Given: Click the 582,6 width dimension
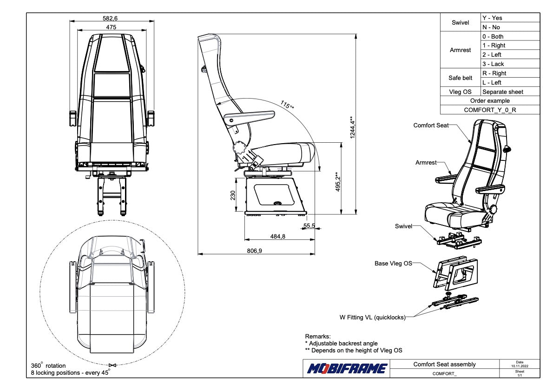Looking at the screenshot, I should [x=110, y=18].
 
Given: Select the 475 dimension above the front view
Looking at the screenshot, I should [x=111, y=27].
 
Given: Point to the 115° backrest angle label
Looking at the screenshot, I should [x=287, y=105].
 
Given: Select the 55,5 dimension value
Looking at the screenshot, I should [x=309, y=226].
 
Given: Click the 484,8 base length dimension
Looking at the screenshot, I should [x=277, y=237].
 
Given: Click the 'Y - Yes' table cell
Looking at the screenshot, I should [x=492, y=18].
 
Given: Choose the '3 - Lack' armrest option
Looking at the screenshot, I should [x=493, y=64].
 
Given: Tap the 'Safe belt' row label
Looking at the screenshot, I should [x=460, y=78].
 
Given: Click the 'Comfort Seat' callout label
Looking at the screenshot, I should [x=431, y=125].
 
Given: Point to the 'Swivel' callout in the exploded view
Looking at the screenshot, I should [x=403, y=226].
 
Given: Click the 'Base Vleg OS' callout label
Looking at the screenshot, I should [x=393, y=264].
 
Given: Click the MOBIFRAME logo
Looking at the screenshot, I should [x=347, y=369].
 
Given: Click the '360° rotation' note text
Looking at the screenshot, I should [x=48, y=366].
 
